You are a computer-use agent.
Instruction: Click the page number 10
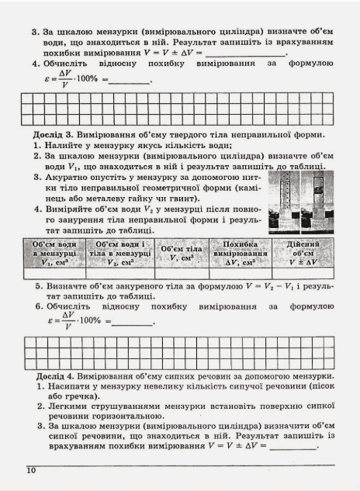pyautogui.click(x=30, y=470)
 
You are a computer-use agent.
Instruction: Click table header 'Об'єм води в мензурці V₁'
pyautogui.click(x=54, y=252)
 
